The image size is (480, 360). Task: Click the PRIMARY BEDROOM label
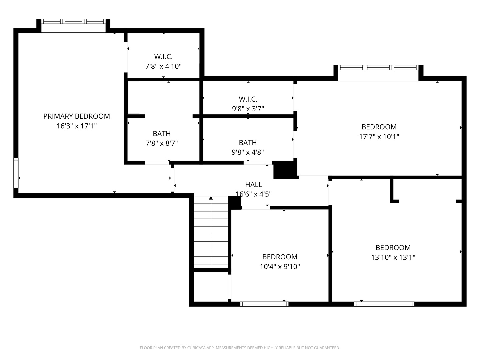tap(76, 116)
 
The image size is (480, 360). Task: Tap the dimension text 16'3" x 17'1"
tap(76, 126)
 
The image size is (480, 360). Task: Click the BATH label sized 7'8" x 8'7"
tap(162, 134)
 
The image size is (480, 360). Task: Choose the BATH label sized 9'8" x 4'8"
tap(248, 143)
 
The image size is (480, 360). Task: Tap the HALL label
tap(253, 184)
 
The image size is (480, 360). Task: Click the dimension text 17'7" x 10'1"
tap(379, 137)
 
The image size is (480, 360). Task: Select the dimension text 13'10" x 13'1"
tap(393, 257)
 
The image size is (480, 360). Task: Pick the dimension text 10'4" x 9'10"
tap(280, 267)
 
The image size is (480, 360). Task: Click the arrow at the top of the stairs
tap(211, 198)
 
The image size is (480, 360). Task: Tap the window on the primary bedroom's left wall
tap(16, 173)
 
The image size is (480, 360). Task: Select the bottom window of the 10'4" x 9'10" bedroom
tap(264, 304)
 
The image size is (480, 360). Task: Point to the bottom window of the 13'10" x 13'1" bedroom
tap(384, 304)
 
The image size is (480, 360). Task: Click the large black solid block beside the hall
tap(284, 170)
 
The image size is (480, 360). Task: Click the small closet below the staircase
tap(211, 287)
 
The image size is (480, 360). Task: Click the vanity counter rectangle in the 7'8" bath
tap(134, 97)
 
